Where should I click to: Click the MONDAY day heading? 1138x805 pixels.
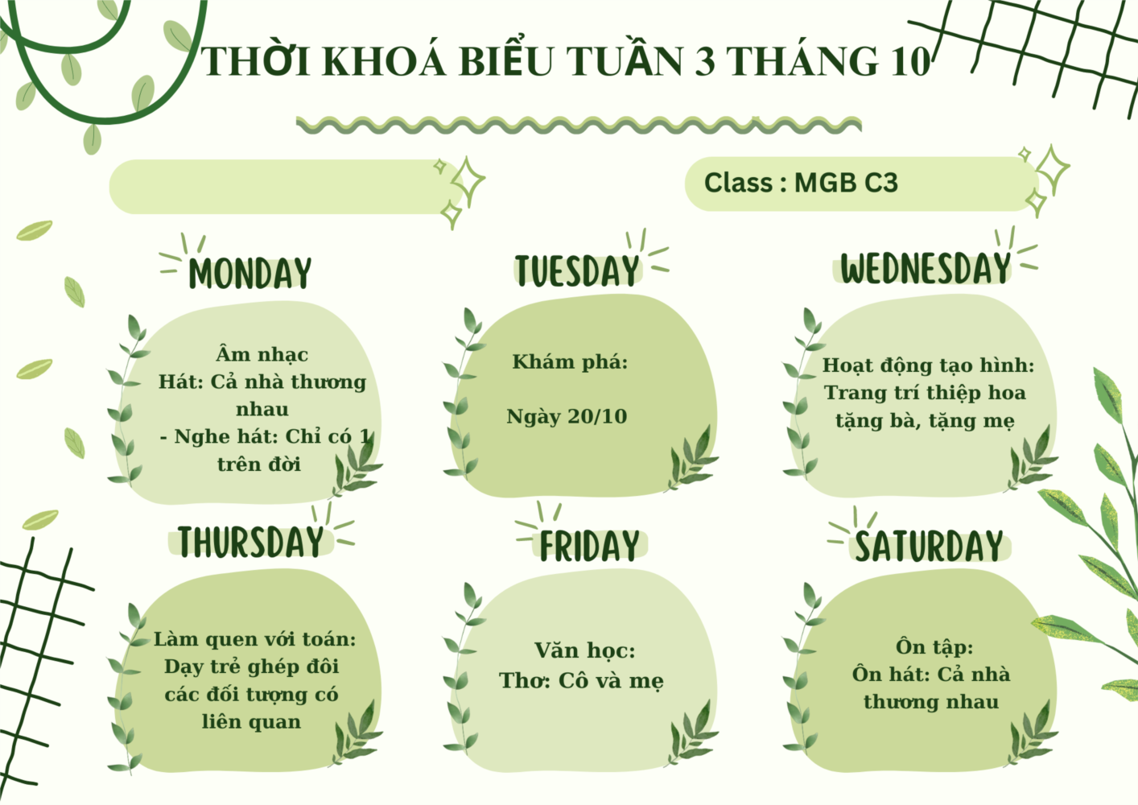tap(250, 273)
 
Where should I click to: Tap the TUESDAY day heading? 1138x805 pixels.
tap(577, 270)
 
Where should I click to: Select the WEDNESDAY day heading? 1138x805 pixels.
tap(926, 268)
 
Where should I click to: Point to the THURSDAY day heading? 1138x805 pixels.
tap(251, 541)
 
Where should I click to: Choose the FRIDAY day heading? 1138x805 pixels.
tap(589, 546)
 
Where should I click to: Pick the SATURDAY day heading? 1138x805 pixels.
tap(930, 546)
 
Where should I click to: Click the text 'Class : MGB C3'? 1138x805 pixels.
tap(801, 183)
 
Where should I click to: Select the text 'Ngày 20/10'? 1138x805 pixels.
tap(567, 417)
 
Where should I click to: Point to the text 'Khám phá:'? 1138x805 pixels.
tap(570, 361)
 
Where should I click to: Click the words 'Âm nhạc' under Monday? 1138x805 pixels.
tap(262, 353)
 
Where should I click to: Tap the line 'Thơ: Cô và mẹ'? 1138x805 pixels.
tap(581, 680)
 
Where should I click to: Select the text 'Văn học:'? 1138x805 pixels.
tap(585, 650)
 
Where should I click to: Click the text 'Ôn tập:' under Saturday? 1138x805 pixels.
tap(934, 646)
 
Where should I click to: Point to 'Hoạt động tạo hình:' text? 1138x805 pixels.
tap(928, 365)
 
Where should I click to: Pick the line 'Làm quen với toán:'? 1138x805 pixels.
tap(254, 639)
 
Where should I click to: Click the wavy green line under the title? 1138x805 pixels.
tap(579, 125)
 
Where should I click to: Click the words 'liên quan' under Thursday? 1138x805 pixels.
tap(251, 721)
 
